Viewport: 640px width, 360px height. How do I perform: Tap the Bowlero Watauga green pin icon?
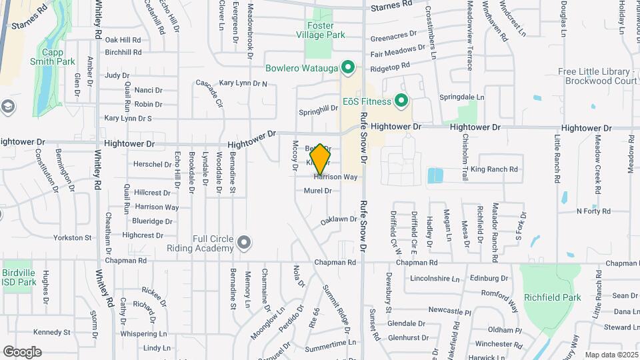347,67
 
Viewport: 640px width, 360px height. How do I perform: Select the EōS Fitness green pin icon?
401,101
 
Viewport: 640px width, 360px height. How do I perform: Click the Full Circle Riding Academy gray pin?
245,243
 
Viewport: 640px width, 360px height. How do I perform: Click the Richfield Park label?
552,297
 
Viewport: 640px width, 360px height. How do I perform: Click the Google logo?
22,351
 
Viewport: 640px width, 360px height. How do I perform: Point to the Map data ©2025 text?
611,355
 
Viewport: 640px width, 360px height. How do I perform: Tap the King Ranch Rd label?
494,169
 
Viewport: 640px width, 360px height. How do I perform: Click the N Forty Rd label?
593,211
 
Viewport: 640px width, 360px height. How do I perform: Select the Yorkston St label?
73,237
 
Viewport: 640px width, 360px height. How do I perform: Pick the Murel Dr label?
318,191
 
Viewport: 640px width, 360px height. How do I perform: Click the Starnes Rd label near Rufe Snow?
391,5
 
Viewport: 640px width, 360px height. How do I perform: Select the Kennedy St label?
52,332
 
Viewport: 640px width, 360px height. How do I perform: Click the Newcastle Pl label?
449,311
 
